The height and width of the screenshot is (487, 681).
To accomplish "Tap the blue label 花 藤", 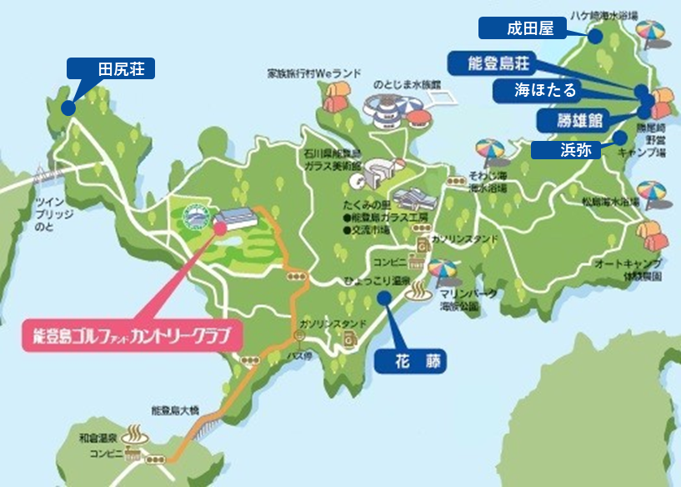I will click(x=410, y=361).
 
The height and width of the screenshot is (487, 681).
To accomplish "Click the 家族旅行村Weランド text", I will click(x=314, y=73).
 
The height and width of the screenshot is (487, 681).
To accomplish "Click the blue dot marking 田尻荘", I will click(x=68, y=108).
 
